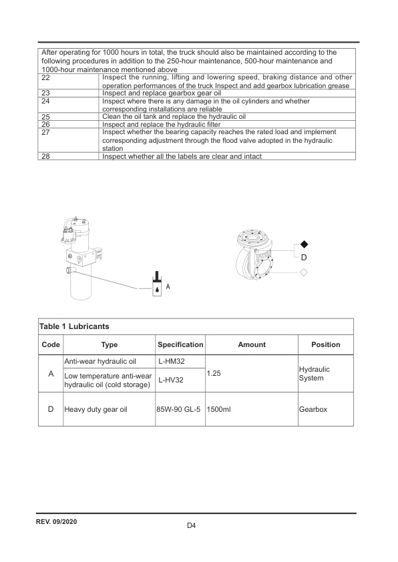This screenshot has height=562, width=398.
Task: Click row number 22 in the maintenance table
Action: (46, 77)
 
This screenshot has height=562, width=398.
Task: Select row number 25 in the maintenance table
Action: (46, 117)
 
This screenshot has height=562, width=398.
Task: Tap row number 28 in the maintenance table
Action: (46, 156)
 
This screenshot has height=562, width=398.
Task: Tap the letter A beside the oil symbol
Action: (168, 287)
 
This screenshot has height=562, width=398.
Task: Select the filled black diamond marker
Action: (304, 245)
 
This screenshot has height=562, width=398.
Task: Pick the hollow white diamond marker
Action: (304, 272)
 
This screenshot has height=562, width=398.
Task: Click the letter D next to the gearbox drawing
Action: (304, 258)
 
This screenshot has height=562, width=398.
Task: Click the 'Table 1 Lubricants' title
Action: (74, 326)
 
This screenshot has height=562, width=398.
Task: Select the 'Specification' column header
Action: (180, 344)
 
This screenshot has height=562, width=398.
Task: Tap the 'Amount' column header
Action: (252, 344)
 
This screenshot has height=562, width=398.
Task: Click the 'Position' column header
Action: (326, 344)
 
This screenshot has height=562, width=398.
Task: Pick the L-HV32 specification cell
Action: (170, 380)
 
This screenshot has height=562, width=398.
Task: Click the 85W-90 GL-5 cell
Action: (179, 409)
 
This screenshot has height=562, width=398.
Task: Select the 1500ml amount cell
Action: (219, 409)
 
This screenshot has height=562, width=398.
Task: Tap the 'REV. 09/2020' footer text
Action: (57, 521)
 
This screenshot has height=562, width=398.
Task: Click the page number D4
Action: (192, 526)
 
